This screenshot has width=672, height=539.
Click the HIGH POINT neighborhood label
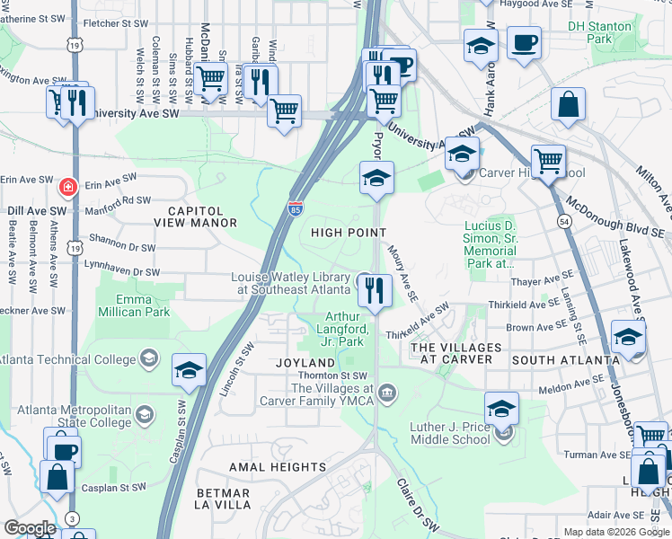click(348, 233)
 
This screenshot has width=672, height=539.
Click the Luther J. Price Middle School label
click(451, 433)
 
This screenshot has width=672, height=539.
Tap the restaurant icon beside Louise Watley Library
click(375, 290)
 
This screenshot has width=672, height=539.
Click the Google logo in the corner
click(30, 528)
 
